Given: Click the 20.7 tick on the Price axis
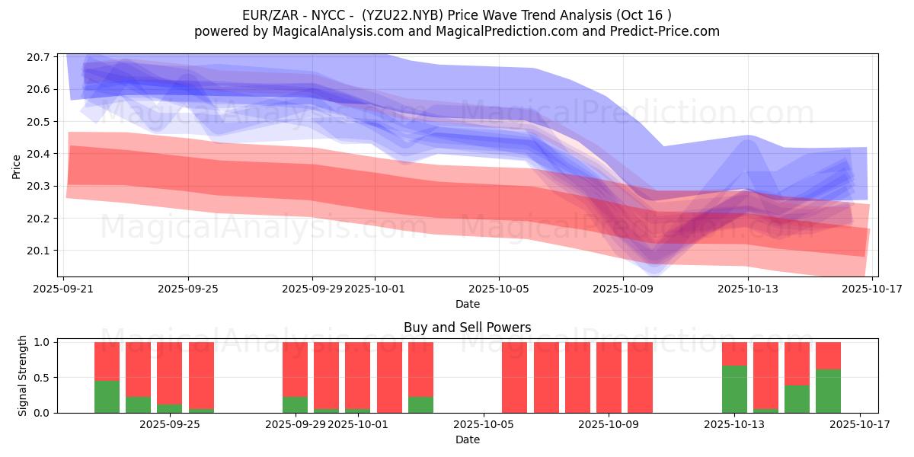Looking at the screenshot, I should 40,58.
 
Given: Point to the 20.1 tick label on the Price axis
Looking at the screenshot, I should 40,251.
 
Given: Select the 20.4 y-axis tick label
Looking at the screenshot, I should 40,154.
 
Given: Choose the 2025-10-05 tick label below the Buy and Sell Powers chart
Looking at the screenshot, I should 484,425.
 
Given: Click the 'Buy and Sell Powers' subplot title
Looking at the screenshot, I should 467,328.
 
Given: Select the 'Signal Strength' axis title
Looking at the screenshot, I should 23,376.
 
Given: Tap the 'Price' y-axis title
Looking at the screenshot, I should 17,165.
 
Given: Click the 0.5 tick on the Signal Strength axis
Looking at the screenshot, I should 40,378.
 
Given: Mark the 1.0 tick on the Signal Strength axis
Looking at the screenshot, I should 40,343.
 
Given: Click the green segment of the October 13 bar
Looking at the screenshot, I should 734,389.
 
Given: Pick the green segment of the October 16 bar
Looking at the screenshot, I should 828,391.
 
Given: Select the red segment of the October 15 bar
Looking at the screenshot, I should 797,363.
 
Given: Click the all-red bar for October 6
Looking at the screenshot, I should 515,377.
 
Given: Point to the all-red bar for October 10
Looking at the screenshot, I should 640,377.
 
